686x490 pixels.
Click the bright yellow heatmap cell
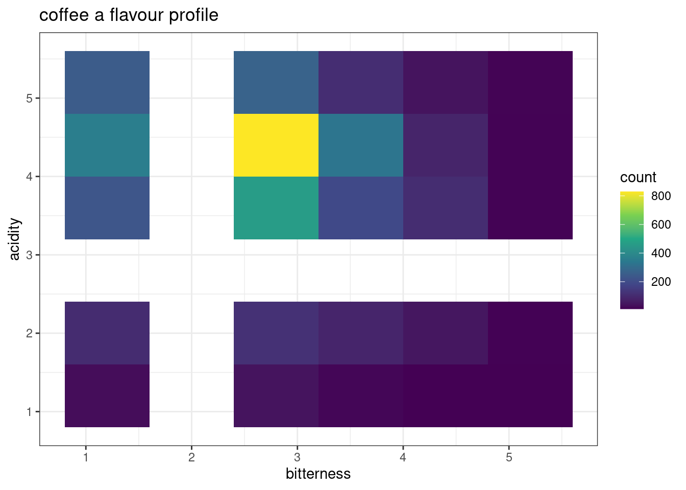[276, 145]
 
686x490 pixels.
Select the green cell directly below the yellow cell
[276, 208]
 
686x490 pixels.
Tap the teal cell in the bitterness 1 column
[107, 145]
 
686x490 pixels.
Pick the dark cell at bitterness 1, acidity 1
[107, 396]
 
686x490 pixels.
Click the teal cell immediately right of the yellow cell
[361, 145]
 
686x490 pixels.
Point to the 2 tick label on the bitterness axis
[191, 457]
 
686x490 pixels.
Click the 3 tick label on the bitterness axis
[297, 457]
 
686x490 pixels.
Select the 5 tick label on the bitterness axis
[508, 457]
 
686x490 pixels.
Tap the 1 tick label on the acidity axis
[29, 411]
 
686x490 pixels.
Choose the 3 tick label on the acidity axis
[29, 255]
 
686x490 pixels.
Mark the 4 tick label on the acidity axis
[29, 177]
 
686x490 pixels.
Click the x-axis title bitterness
[318, 474]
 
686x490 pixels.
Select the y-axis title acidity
[15, 239]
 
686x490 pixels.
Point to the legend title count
[638, 178]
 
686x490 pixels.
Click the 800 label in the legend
[661, 196]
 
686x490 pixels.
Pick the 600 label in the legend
[661, 225]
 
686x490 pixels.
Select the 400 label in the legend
[661, 253]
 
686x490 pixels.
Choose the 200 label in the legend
[661, 282]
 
